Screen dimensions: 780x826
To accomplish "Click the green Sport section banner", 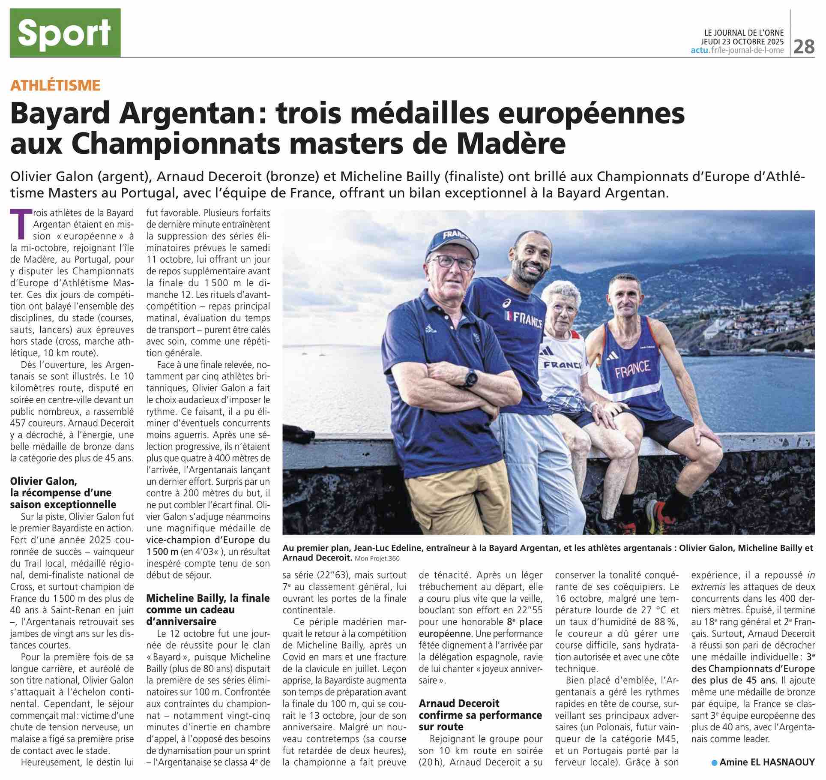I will coord(65,33).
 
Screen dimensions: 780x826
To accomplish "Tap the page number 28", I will coord(804,46).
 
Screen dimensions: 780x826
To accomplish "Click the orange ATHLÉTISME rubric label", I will coord(55,85).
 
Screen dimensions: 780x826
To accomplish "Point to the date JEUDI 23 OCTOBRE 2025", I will coord(743,42).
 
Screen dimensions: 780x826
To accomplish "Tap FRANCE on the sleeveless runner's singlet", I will coord(633,368).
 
